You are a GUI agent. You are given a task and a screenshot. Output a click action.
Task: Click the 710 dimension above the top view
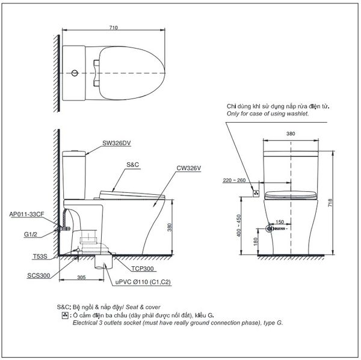[x=114, y=28]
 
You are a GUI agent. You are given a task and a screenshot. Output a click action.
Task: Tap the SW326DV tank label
[x=117, y=143]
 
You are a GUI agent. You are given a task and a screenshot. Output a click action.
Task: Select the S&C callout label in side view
[x=133, y=165]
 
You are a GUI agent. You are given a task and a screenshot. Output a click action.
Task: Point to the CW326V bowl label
[x=188, y=168]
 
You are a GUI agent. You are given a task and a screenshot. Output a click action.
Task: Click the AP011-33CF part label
[x=26, y=214]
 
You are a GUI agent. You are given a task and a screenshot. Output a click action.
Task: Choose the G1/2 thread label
[x=31, y=234]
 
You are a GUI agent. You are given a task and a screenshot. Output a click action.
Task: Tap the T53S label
[x=40, y=256]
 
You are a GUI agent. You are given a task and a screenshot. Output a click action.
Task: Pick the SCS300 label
[x=39, y=275]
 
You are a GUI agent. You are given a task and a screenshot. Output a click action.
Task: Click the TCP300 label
[x=142, y=269]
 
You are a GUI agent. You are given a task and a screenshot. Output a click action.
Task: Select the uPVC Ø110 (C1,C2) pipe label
[x=143, y=282]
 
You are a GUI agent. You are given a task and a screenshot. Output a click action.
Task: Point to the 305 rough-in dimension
[x=81, y=277]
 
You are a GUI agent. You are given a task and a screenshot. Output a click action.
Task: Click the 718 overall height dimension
[x=330, y=203]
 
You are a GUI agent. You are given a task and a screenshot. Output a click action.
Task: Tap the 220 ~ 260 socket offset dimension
[x=234, y=180]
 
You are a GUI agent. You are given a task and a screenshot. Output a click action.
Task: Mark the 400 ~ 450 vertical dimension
[x=238, y=225]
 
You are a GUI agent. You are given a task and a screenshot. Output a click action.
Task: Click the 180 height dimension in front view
[x=255, y=242]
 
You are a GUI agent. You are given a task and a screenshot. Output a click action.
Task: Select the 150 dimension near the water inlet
[x=280, y=222]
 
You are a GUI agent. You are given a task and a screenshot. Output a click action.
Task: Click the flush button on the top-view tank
[x=75, y=73]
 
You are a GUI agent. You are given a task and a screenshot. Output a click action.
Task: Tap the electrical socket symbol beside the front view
[x=256, y=194]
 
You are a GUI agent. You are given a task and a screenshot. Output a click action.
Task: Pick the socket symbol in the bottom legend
[x=65, y=315]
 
